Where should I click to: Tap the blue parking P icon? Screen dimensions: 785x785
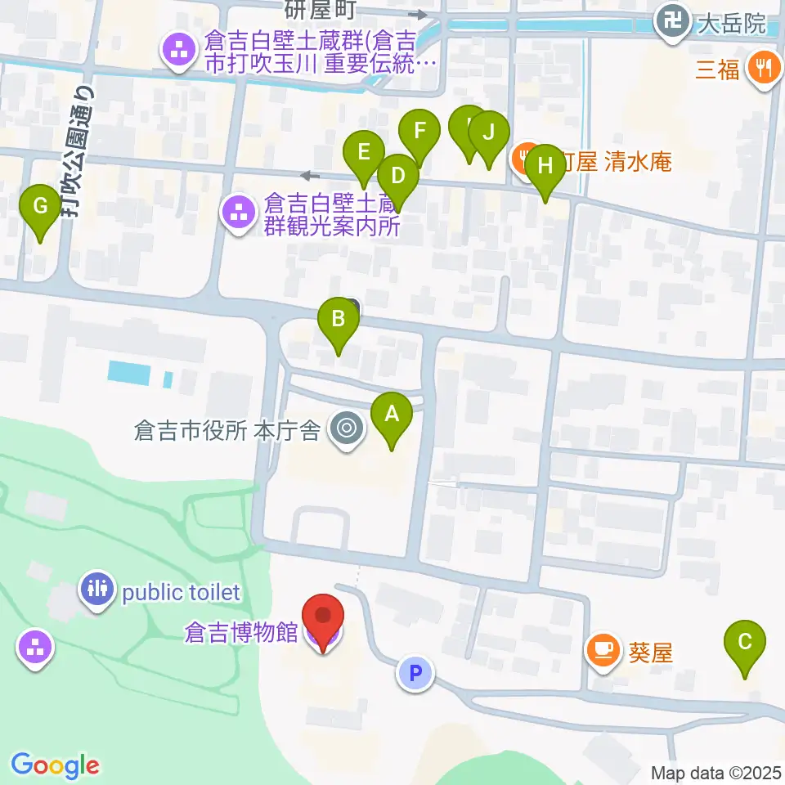click(x=415, y=674)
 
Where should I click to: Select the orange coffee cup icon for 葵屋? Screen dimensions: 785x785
click(x=603, y=652)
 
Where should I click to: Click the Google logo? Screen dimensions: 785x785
click(x=55, y=765)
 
